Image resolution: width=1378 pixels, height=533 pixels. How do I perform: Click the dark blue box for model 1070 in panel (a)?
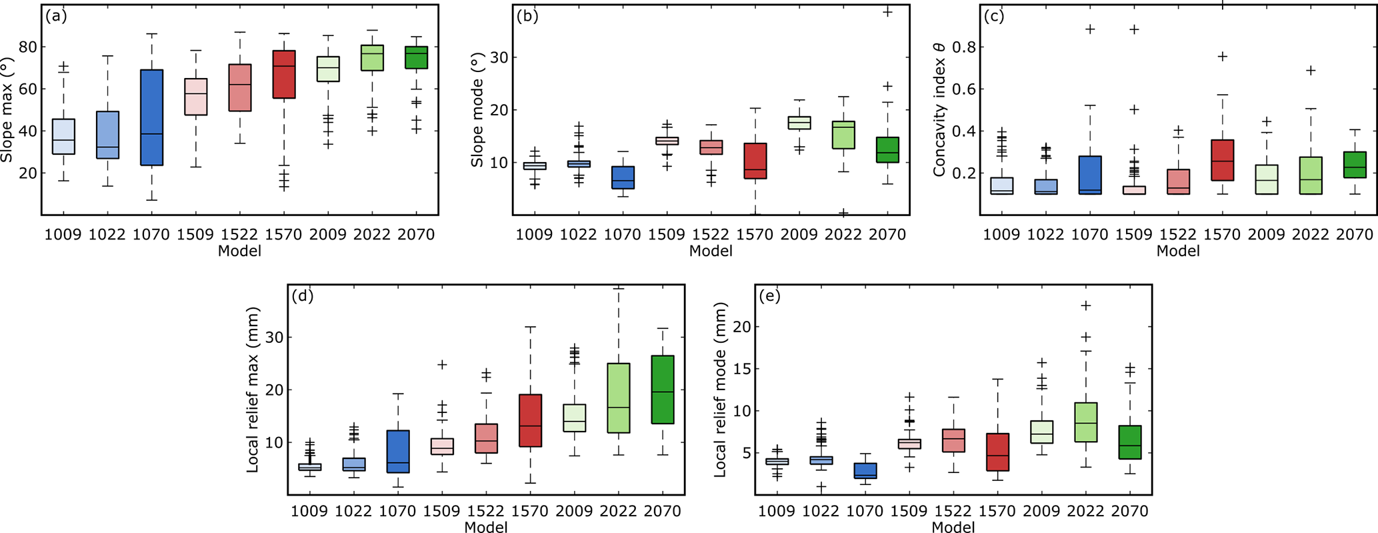(151, 117)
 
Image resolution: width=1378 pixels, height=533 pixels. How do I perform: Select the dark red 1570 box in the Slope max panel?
(284, 75)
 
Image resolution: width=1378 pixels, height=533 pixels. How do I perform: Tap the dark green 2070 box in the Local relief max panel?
(663, 390)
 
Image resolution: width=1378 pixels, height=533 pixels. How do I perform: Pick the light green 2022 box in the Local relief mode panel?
(1086, 422)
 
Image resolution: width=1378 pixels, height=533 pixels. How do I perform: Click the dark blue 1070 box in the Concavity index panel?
(1090, 175)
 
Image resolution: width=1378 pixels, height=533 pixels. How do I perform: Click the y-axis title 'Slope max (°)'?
(8, 110)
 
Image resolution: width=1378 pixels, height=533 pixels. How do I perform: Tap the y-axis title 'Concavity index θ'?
(939, 110)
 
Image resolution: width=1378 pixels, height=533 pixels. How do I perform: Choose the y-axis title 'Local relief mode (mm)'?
(720, 390)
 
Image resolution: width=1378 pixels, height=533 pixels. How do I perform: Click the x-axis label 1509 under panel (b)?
(667, 235)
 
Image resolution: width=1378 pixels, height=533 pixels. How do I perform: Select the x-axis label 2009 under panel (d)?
(574, 512)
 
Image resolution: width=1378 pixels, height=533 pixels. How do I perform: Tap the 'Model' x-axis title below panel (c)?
(1178, 251)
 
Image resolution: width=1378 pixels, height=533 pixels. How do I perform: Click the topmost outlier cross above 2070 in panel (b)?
(887, 12)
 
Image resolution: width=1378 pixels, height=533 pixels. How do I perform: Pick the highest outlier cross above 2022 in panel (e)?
(1086, 306)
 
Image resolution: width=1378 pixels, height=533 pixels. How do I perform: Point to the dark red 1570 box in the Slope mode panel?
(755, 161)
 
